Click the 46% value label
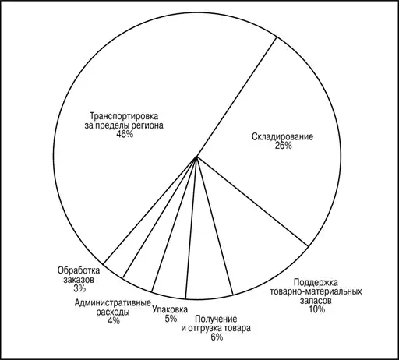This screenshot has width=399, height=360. point(125,134)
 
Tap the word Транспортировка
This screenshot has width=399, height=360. point(124,116)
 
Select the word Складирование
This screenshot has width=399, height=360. point(283,136)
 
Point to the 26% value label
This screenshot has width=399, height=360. point(283,146)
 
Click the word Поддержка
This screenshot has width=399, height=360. point(316,282)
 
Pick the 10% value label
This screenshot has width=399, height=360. point(316,309)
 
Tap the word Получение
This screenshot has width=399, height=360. point(216,319)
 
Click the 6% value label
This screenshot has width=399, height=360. point(217,337)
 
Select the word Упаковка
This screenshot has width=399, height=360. point(170,309)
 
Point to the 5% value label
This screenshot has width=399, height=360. point(171,319)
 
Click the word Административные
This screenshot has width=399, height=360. point(113,303)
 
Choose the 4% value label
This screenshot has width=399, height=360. point(114,321)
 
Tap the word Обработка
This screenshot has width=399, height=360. point(79,270)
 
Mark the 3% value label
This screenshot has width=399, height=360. point(79,288)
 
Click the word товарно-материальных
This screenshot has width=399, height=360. point(316,291)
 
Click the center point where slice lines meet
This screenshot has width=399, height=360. point(196,157)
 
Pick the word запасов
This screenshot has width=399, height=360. point(316,301)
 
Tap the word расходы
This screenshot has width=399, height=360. point(113,312)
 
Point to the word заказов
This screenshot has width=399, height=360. point(79,280)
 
